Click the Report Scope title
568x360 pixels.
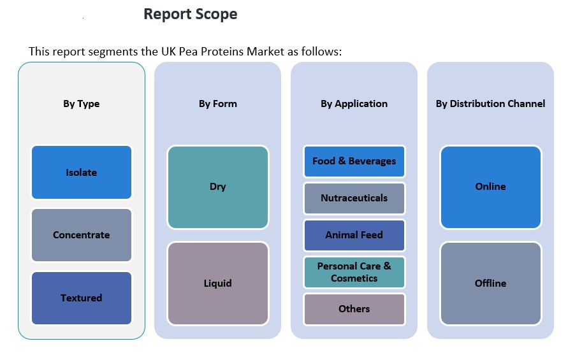click(x=190, y=14)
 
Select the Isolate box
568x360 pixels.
click(x=81, y=173)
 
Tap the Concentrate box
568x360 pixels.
click(x=81, y=235)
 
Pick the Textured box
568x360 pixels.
click(x=81, y=298)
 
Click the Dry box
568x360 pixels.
click(x=217, y=187)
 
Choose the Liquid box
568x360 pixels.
click(x=217, y=284)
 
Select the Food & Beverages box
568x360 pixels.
click(x=354, y=161)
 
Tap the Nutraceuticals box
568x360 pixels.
click(x=354, y=198)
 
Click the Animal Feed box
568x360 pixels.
click(x=354, y=235)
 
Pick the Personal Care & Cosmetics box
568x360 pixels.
click(x=354, y=272)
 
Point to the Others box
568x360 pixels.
click(x=354, y=309)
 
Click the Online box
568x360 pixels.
click(x=490, y=187)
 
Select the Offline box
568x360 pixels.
click(x=490, y=284)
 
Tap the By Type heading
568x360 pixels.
click(x=81, y=104)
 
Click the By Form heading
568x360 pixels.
click(x=217, y=104)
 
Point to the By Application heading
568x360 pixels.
click(x=354, y=104)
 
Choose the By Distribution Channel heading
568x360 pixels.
click(x=490, y=104)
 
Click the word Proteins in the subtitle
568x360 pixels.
click(x=221, y=52)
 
